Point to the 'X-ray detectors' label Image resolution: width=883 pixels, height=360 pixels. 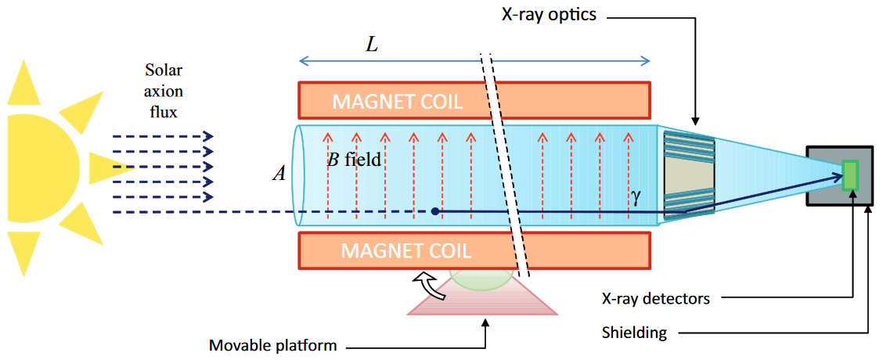click(x=655, y=298)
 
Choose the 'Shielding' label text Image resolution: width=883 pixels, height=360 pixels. click(x=634, y=333)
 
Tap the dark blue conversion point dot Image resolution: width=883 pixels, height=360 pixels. click(x=435, y=211)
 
